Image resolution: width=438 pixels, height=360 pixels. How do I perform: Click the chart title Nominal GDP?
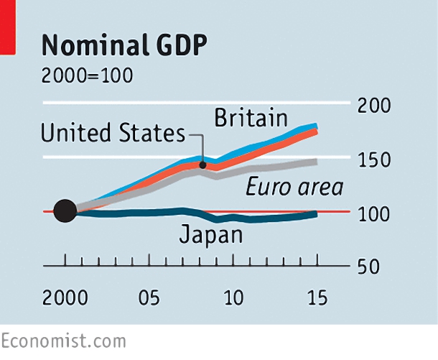(124, 45)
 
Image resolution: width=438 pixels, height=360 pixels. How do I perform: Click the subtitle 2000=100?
(87, 75)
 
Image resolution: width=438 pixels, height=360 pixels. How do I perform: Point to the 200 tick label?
(374, 106)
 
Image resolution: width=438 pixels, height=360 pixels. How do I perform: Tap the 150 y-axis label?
(374, 160)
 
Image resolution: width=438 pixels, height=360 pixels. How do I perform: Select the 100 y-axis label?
(374, 214)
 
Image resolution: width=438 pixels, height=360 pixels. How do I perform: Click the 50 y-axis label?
(368, 267)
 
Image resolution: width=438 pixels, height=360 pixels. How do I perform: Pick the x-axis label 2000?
(65, 297)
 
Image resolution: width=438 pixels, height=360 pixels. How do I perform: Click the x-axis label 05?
(149, 297)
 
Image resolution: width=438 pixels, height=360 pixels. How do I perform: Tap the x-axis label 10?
(234, 297)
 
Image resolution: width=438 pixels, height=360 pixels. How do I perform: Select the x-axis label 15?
(317, 297)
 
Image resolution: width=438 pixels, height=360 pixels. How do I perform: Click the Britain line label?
(251, 118)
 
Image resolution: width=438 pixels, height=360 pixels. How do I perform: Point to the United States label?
(113, 132)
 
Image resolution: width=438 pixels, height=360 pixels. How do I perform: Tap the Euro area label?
(294, 187)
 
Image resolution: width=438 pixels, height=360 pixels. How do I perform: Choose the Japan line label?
(211, 235)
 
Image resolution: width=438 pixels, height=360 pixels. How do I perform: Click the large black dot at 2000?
(65, 211)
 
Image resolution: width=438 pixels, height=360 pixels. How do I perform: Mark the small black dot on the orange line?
(202, 165)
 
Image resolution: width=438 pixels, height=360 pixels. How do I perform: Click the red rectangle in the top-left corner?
(8, 27)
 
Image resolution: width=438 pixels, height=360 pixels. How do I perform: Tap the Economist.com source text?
(63, 341)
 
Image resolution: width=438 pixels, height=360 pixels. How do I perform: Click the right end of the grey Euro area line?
(317, 162)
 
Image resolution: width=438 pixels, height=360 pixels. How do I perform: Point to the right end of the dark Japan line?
(317, 214)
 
